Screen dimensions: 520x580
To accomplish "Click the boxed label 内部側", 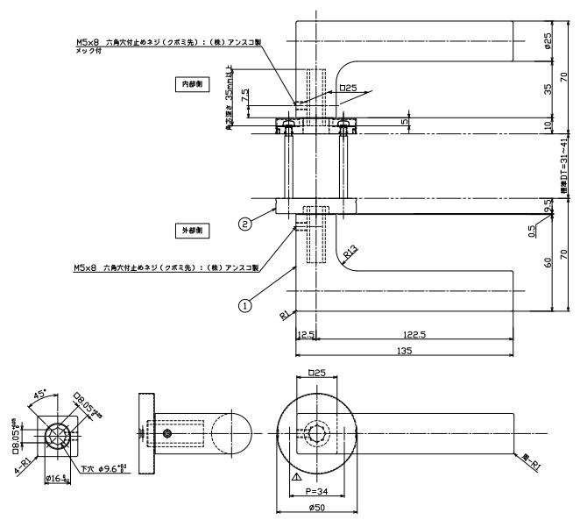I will click(190, 84).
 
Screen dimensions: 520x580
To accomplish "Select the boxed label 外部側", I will click(190, 231).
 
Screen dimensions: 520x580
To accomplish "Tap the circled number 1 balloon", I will click(244, 305).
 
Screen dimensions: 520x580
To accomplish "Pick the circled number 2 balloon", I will click(246, 224).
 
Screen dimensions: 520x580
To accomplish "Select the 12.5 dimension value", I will click(306, 335).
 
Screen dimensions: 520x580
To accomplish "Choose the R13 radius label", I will click(350, 253).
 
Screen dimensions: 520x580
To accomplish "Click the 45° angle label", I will click(41, 395).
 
